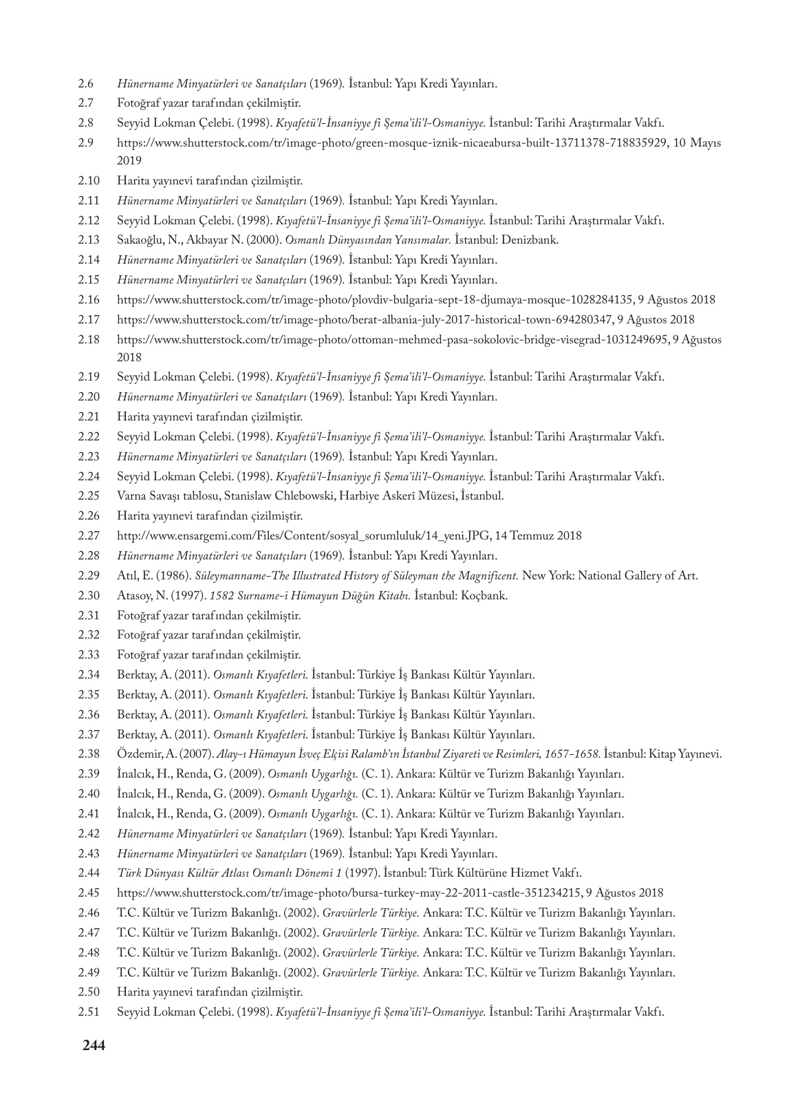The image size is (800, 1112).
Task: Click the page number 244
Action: pos(93,1046)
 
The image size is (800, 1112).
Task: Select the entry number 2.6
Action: pos(86,85)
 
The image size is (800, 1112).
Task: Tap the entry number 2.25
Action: pos(89,496)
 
